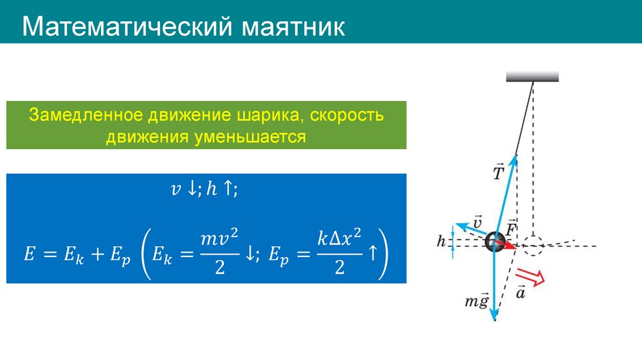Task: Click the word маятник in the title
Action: (291, 28)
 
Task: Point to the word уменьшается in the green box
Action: (251, 136)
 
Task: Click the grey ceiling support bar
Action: (532, 77)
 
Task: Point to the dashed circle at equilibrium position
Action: (532, 245)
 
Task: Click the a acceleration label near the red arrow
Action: (520, 292)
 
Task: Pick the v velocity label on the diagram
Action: (477, 222)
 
